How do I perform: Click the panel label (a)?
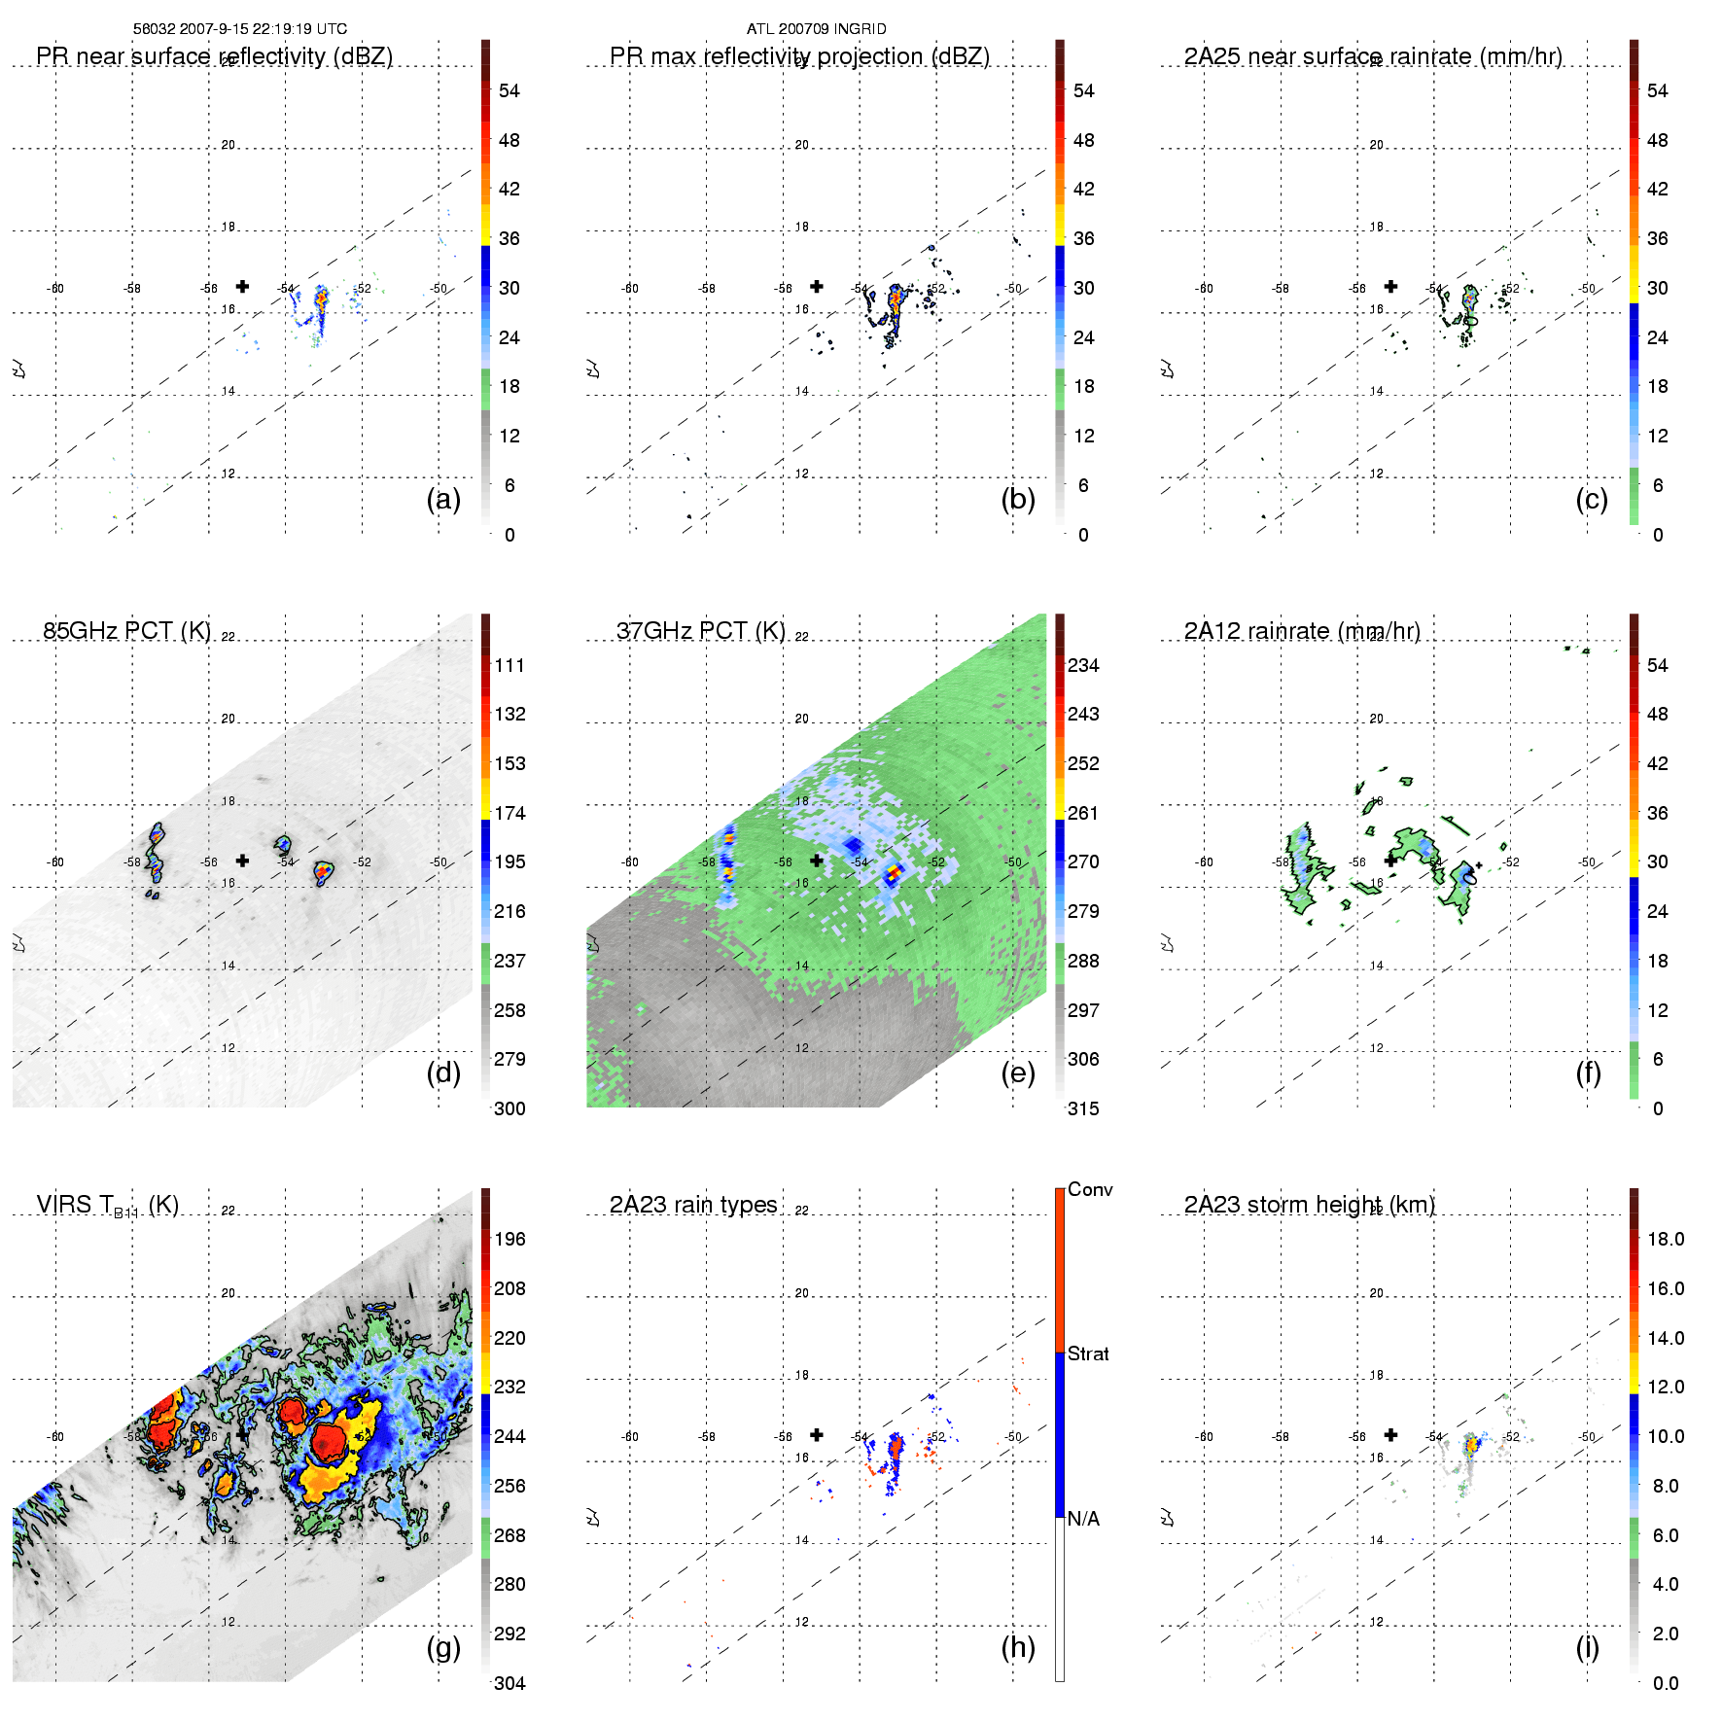[443, 500]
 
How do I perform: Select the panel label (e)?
[1018, 1073]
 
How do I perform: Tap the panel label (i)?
[1587, 1647]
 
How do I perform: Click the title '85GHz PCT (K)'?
[126, 631]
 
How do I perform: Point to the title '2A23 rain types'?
[693, 1205]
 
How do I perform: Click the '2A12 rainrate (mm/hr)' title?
[1302, 631]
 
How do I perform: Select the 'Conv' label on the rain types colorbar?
[1090, 1189]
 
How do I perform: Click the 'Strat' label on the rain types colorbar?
[1088, 1353]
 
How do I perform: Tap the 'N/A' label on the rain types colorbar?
[1083, 1519]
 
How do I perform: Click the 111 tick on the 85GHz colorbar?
[510, 665]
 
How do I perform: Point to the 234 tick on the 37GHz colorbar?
[1083, 665]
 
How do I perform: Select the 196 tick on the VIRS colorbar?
[510, 1239]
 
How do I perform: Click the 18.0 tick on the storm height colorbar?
[1666, 1239]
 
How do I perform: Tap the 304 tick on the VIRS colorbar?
[510, 1683]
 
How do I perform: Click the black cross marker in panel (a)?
[242, 286]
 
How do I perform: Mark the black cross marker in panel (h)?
[817, 1434]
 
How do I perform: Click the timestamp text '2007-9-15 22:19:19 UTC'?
[263, 29]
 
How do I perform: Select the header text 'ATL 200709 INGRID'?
[817, 29]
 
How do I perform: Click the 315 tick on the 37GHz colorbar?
[1083, 1108]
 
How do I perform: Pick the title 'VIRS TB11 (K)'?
[107, 1206]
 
